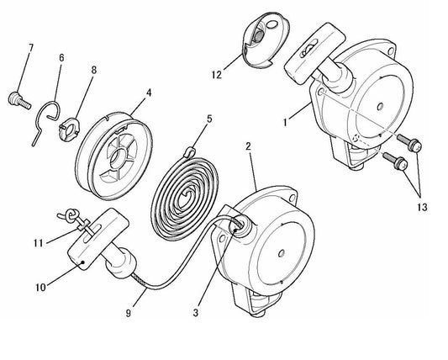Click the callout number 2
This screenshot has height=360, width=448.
248,147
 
